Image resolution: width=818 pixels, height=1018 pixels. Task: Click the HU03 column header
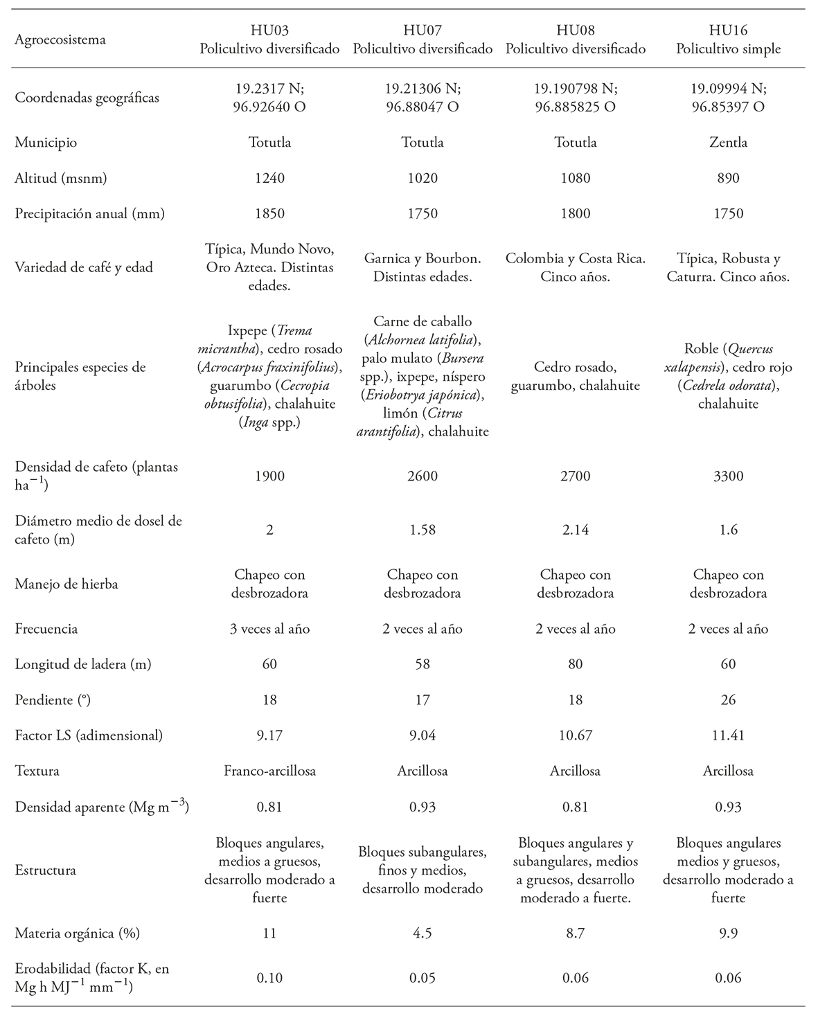269,30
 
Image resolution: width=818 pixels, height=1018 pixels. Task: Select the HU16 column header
728,30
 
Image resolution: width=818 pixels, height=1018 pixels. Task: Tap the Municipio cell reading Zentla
728,143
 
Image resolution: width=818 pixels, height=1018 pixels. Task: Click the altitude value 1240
269,178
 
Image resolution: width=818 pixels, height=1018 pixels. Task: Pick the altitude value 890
728,178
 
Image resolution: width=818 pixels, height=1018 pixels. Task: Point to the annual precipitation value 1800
575,213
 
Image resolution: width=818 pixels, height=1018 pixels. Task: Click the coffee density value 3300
728,476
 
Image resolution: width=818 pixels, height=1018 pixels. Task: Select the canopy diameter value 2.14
575,530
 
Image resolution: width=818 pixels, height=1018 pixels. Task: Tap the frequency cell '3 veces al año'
269,629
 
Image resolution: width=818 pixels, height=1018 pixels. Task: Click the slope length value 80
575,664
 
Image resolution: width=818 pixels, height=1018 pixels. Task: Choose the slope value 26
728,699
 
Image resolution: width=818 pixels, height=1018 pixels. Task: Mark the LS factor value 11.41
728,735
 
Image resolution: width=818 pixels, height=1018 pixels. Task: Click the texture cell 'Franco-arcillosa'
269,771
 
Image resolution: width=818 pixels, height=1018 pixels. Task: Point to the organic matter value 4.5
423,933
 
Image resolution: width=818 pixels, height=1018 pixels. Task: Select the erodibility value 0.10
269,978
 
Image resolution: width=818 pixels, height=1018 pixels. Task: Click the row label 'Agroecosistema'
60,39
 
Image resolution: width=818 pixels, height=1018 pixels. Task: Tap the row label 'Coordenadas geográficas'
87,98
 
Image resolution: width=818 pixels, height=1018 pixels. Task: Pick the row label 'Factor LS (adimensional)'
89,735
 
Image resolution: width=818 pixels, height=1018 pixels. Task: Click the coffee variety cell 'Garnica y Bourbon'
423,259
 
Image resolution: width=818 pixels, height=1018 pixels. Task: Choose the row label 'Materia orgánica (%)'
78,933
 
